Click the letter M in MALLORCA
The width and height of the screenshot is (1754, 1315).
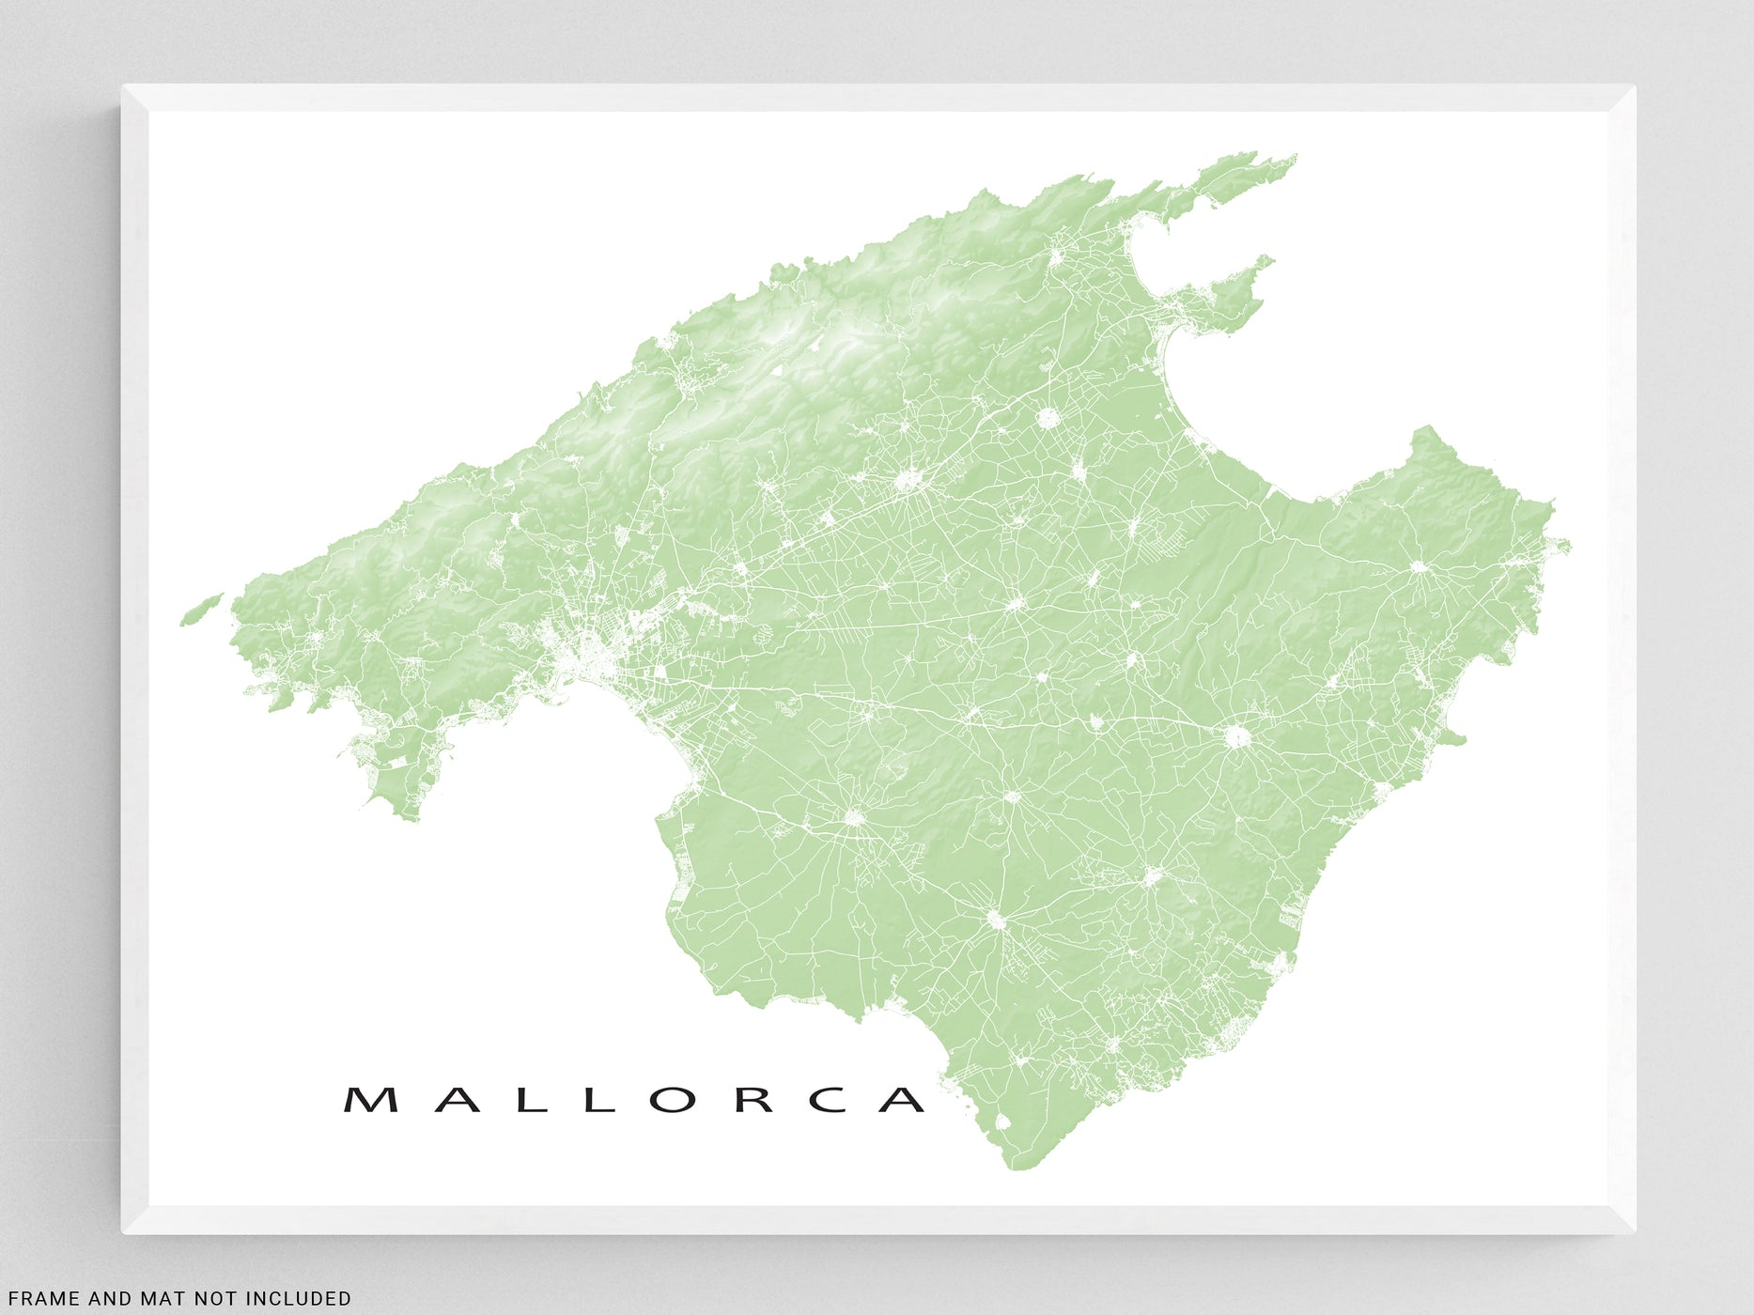(370, 1100)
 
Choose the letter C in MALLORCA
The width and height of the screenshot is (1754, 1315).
(828, 1100)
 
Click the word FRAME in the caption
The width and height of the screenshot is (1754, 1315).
(43, 1299)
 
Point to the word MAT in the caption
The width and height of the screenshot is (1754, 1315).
(155, 1299)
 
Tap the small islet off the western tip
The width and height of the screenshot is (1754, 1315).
(200, 609)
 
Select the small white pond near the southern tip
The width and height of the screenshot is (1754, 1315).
(1001, 1121)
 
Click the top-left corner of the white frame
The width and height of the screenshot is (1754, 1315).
(124, 87)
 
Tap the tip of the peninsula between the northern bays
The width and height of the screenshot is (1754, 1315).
(1271, 258)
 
